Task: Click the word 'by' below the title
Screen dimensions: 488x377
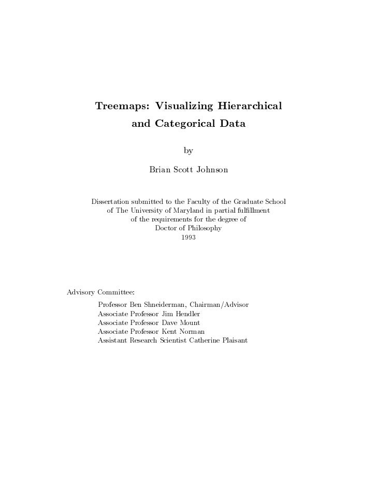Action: (x=189, y=151)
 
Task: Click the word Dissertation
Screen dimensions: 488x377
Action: (x=111, y=201)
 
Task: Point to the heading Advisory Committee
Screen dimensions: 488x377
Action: (x=100, y=292)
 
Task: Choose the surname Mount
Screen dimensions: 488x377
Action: (x=190, y=323)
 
